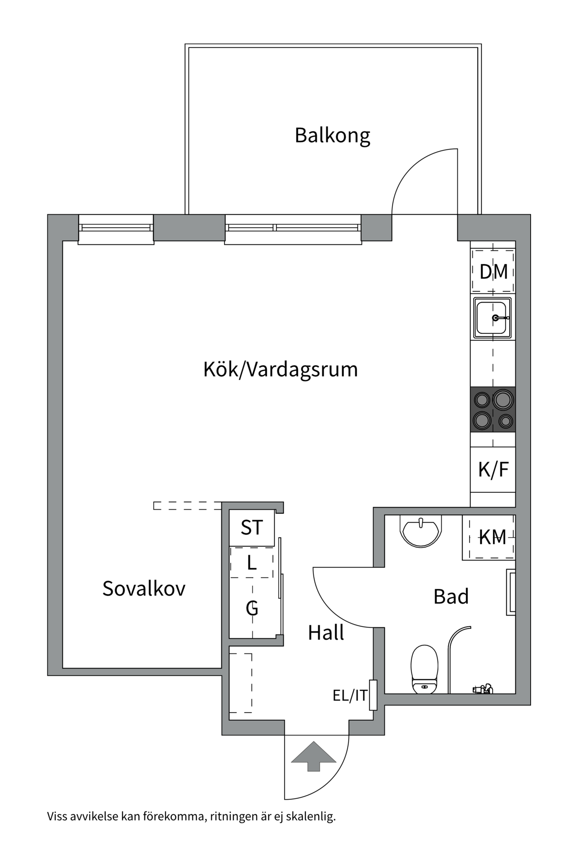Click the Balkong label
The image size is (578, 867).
332,135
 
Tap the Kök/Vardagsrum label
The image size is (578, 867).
280,369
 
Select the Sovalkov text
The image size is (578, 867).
144,588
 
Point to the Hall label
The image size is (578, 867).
326,633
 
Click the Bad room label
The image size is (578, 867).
451,597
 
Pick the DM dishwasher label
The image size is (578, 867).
493,272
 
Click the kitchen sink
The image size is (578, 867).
492,318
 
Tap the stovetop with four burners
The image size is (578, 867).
493,409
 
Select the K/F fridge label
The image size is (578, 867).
493,470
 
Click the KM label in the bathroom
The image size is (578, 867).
492,537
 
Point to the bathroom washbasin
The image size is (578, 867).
420,531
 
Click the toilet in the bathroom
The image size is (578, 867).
424,669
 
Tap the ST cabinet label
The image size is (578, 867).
252,527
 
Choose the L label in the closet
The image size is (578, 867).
252,563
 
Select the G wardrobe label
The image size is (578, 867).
252,608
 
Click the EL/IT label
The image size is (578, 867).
350,696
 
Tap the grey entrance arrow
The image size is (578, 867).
313,756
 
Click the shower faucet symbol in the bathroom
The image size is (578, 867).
482,689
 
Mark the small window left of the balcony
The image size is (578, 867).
116,228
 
